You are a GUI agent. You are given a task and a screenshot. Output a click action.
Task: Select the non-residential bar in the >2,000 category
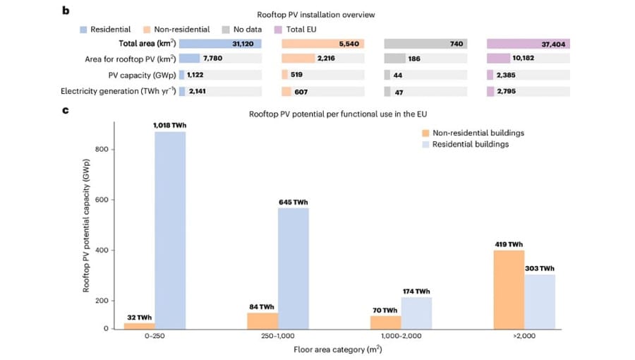(509, 289)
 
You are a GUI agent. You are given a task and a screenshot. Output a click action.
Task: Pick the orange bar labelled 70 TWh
(385, 322)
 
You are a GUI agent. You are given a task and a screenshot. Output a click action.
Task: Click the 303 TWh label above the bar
(540, 268)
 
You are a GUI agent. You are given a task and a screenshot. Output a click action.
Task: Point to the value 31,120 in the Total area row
(241, 44)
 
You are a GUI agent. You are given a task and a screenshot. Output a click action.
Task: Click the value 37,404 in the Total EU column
(554, 44)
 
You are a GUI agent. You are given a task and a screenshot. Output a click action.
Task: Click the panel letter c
(66, 109)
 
